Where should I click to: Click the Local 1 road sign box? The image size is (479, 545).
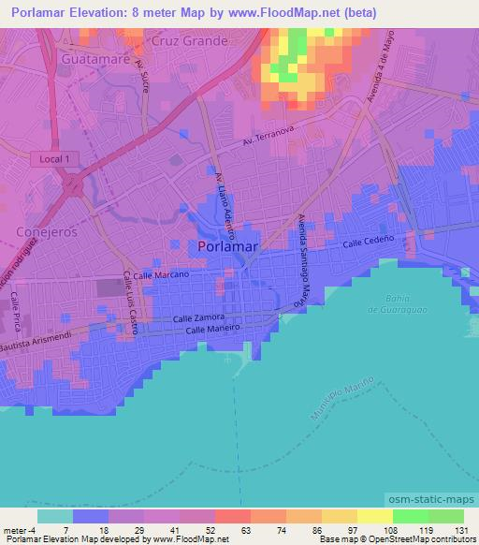[x=54, y=160]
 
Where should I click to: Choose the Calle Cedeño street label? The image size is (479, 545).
[x=365, y=243]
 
